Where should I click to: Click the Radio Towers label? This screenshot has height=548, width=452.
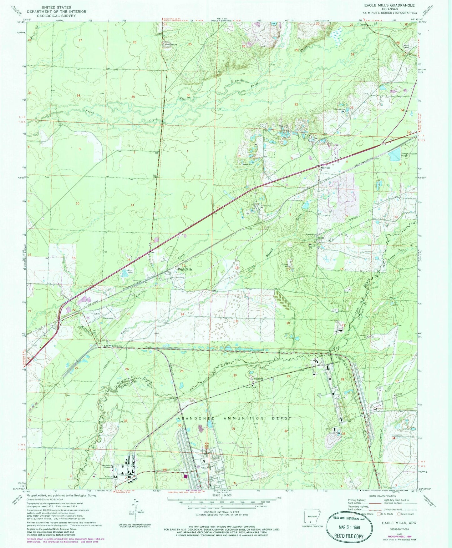[407, 47]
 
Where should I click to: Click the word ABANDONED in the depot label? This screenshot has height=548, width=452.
[196, 418]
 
